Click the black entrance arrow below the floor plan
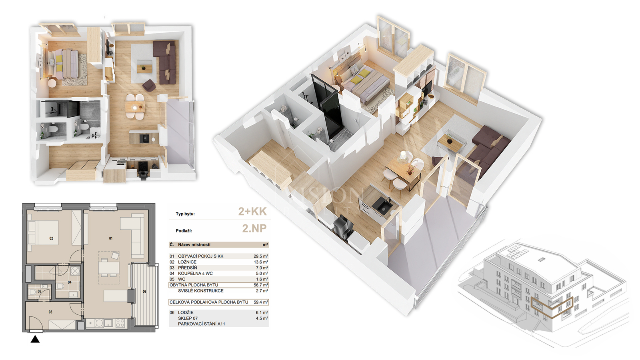pyautogui.click(x=35, y=339)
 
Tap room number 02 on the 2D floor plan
pyautogui.click(x=51, y=238)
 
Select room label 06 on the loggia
pyautogui.click(x=144, y=292)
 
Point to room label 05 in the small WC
pyautogui.click(x=40, y=292)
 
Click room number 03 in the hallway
pyautogui.click(x=50, y=312)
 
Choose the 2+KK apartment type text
pyautogui.click(x=252, y=212)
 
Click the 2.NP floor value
pyautogui.click(x=254, y=228)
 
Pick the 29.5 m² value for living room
pyautogui.click(x=260, y=256)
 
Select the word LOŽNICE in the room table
pyautogui.click(x=187, y=262)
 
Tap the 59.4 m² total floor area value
pyautogui.click(x=260, y=302)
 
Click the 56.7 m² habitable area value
pyautogui.click(x=260, y=285)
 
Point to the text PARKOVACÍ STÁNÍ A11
pyautogui.click(x=202, y=324)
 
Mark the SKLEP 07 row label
pyautogui.click(x=188, y=318)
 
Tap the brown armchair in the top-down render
pyautogui.click(x=149, y=85)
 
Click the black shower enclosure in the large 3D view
pyautogui.click(x=326, y=107)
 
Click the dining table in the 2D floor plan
pyautogui.click(x=109, y=268)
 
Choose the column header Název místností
pyautogui.click(x=194, y=245)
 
